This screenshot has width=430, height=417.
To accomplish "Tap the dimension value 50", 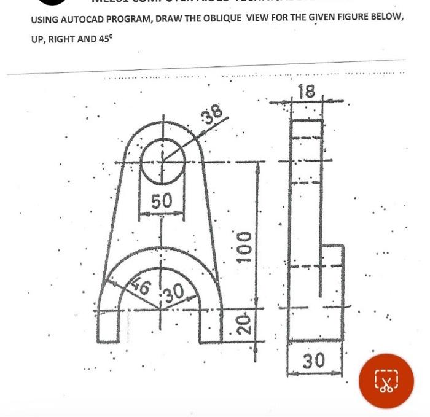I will pyautogui.click(x=162, y=201).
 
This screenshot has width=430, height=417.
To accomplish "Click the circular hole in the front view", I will pyautogui.click(x=162, y=161).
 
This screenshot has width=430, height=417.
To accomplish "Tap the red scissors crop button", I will pyautogui.click(x=386, y=381).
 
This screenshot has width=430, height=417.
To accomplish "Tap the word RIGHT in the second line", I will pyautogui.click(x=64, y=39).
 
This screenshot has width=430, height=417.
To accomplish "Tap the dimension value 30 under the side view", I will pyautogui.click(x=314, y=360).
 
